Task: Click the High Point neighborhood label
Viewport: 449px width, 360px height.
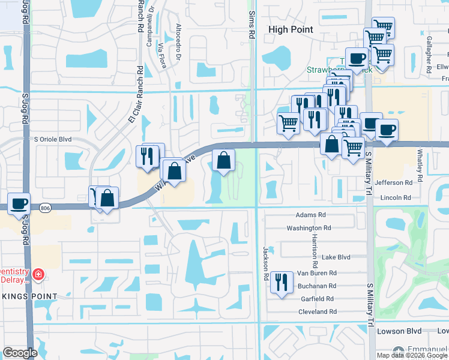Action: point(295,29)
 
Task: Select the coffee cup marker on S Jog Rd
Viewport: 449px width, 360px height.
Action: point(19,203)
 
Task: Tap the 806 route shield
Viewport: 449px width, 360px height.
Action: point(46,208)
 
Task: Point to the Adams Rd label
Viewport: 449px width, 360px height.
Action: point(310,215)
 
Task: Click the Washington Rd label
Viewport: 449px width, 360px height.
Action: point(309,228)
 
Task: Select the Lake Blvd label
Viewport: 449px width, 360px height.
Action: point(336,257)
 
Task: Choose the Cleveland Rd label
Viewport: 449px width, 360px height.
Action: point(317,312)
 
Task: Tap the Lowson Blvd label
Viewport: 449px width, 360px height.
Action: point(396,331)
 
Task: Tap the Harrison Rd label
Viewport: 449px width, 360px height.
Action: point(315,250)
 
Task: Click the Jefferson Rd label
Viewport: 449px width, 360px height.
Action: point(394,182)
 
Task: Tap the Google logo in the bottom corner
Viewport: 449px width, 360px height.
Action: point(20,353)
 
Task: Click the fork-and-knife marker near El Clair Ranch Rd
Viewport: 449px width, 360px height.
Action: point(146,156)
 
